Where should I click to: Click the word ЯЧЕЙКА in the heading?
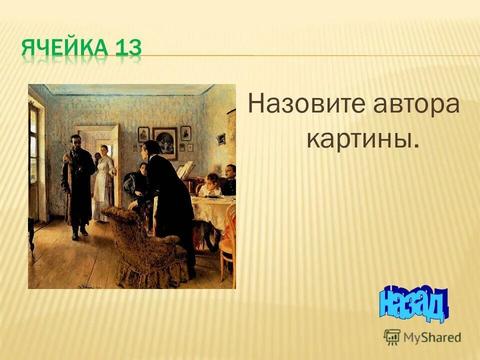(x=65, y=49)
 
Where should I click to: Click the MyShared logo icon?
(x=392, y=337)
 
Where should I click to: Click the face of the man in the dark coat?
(x=76, y=142)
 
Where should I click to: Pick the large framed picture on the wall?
(x=164, y=142)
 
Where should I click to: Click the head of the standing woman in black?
(x=150, y=149)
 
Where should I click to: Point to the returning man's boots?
(x=79, y=231)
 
